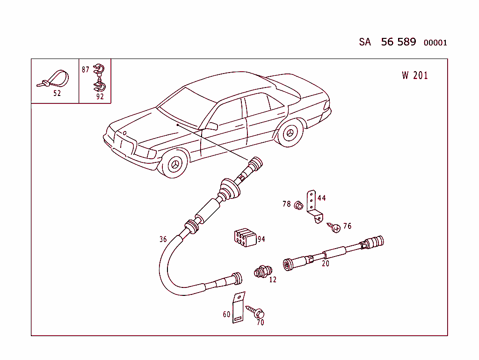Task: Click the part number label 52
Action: [57, 93]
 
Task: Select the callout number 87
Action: [86, 70]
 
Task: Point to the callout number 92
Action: [100, 97]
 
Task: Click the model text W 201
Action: [414, 75]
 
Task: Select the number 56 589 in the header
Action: [398, 42]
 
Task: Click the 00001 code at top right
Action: [435, 43]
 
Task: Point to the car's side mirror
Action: [211, 126]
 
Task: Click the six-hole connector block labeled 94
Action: [244, 238]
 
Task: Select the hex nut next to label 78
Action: [298, 205]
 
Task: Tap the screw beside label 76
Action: [335, 228]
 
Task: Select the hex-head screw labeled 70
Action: [256, 312]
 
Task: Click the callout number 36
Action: [163, 239]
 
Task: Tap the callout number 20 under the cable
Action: [326, 264]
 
